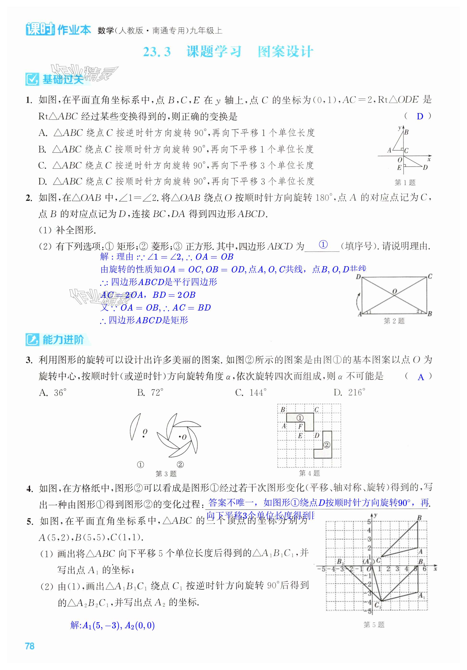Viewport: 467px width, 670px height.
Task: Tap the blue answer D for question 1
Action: click(x=420, y=116)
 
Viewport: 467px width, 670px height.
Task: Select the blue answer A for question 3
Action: click(x=421, y=377)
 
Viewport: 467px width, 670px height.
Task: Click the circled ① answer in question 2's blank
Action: click(x=323, y=244)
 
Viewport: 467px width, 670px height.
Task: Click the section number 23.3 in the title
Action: click(x=157, y=52)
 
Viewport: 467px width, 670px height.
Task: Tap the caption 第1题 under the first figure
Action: click(x=405, y=183)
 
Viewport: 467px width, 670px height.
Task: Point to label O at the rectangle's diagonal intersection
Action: click(x=395, y=291)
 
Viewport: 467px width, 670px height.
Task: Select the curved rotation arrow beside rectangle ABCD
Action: click(x=357, y=302)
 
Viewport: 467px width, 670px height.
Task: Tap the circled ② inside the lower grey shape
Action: click(x=327, y=445)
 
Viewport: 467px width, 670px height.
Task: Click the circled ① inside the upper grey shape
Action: click(x=300, y=418)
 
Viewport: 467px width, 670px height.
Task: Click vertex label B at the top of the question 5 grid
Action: click(x=419, y=518)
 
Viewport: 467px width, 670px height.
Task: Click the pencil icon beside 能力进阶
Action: click(x=32, y=340)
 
